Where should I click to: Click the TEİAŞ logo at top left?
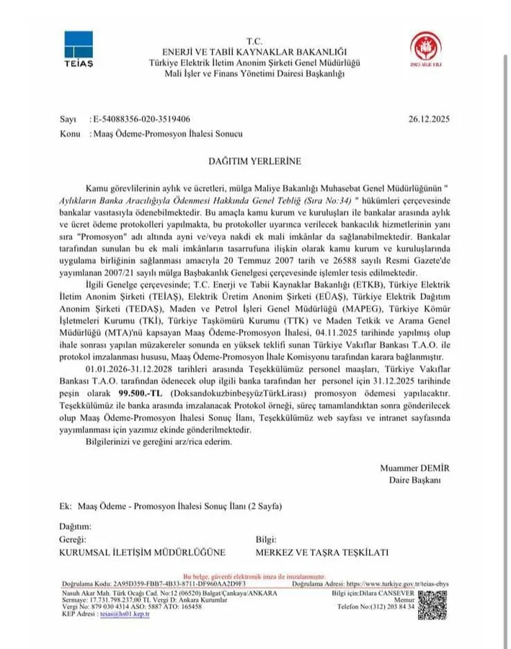(79, 46)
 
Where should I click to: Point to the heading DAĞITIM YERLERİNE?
(255, 161)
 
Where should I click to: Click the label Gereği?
(74, 539)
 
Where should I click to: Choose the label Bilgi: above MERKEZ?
(267, 539)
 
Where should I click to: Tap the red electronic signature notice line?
(255, 577)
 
